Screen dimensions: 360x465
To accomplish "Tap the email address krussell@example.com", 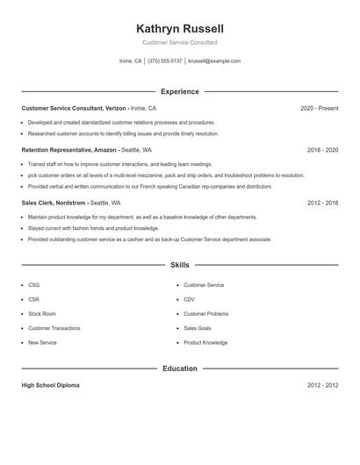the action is [214, 61].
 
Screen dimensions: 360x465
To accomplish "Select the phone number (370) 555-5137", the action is [165, 61].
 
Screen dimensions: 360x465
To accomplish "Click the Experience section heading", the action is [179, 91].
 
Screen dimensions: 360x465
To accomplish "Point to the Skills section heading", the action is [179, 264].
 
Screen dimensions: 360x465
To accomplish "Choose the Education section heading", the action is [179, 368].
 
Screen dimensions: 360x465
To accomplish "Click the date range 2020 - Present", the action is [319, 108].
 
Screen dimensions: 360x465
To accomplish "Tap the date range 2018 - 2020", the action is [322, 150].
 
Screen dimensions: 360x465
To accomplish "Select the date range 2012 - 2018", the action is [322, 203].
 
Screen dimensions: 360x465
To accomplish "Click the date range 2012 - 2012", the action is [322, 385].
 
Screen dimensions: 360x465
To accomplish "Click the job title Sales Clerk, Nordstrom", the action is [54, 203].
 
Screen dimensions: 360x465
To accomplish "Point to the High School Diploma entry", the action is [50, 385].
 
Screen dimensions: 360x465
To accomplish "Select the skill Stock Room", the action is [41, 313].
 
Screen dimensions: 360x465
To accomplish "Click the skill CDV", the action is [189, 299].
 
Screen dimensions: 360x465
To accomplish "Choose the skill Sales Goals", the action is [198, 328].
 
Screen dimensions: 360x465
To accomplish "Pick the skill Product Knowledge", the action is [205, 342].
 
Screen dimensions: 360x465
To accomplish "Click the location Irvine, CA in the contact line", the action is [130, 61].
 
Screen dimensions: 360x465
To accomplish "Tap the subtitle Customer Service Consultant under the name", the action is [179, 42].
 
